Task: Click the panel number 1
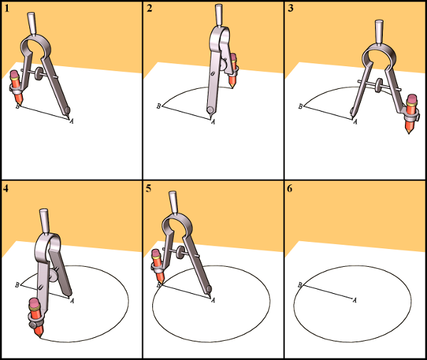coord(7,9)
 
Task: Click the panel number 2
coord(149,9)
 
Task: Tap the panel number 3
coord(290,9)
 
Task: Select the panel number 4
coord(6,188)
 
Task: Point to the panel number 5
coord(149,188)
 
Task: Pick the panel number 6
coord(290,188)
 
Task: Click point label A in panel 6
coord(354,300)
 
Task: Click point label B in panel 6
coord(300,285)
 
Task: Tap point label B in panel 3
coord(300,106)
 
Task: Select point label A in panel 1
coord(71,121)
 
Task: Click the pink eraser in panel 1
coord(14,74)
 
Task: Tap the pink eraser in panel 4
coord(35,303)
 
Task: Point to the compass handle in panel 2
coord(218,15)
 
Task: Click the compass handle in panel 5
coord(173,202)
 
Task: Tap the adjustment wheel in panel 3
coord(378,85)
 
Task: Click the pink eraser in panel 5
coord(156,254)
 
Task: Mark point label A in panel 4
coord(72,301)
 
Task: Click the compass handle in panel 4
coord(44,221)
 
